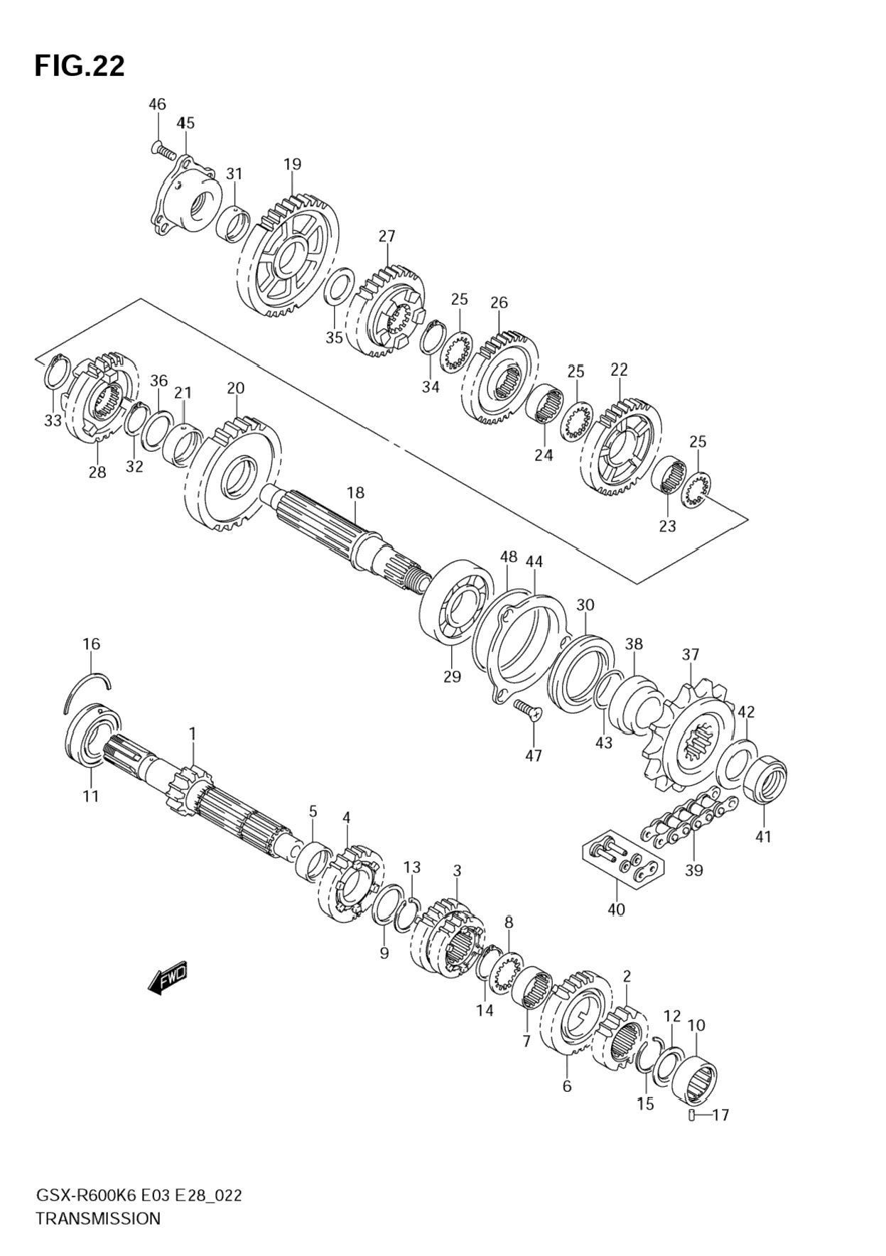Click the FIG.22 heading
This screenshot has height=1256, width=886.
[80, 66]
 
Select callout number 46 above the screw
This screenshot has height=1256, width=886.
[157, 104]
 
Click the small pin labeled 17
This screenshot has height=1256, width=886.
[691, 1115]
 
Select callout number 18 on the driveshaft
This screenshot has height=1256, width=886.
[355, 492]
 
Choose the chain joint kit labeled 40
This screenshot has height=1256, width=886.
[623, 859]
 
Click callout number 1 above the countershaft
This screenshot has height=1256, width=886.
[192, 732]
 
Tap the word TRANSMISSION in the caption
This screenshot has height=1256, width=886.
[98, 1218]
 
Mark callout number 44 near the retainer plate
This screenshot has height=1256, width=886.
[534, 561]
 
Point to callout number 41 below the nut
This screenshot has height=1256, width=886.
[762, 837]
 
